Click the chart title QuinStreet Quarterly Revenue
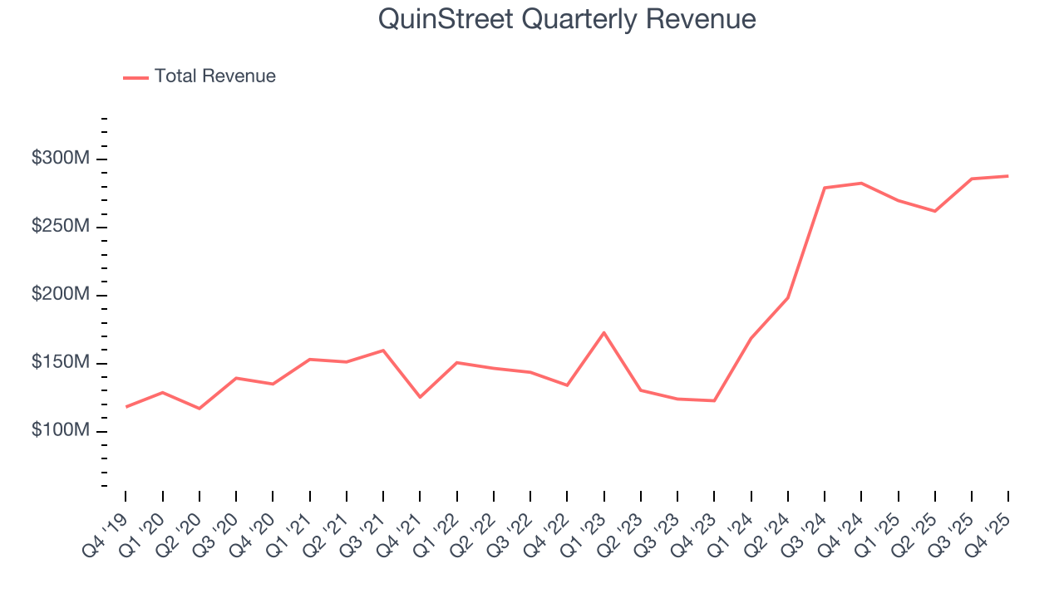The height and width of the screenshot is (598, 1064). coord(567,19)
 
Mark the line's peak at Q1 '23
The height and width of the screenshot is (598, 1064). coord(603,332)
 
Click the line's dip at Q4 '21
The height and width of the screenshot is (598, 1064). coord(420,397)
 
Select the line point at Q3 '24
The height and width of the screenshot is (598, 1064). coord(824,188)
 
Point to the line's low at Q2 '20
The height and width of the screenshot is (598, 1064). coord(199,409)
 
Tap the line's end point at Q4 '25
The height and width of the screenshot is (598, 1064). coord(1007,176)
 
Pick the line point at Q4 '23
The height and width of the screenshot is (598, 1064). coord(714,401)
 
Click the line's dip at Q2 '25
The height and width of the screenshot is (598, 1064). coord(934,211)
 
